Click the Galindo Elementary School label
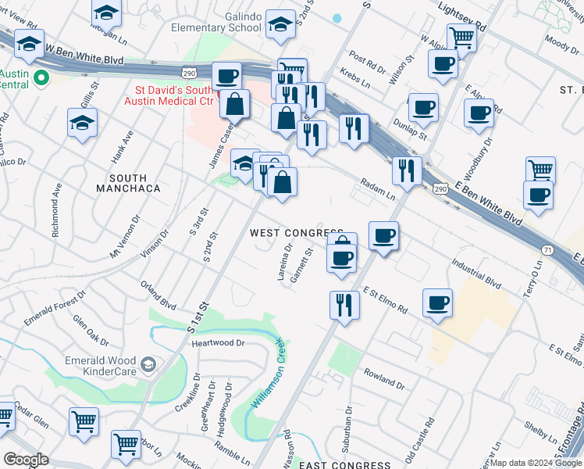[217, 21]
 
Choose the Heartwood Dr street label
[218, 342]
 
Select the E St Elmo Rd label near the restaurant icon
[385, 299]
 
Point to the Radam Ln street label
[378, 189]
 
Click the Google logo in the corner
[27, 460]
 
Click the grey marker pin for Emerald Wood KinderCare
[148, 364]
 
